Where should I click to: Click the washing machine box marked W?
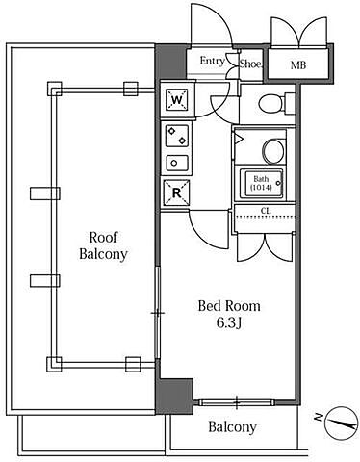[176, 99]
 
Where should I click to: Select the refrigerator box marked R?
[177, 192]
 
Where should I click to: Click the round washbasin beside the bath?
[273, 150]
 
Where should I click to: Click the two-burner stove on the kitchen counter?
[177, 136]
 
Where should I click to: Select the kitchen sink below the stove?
[177, 163]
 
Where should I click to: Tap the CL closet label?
[265, 211]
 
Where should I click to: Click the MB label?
[298, 65]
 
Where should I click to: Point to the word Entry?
[212, 61]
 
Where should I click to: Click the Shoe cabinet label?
[250, 64]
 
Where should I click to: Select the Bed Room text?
[229, 306]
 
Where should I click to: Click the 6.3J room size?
[229, 323]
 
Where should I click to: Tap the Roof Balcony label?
[103, 245]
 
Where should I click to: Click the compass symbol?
[342, 423]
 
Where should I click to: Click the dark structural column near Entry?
[170, 62]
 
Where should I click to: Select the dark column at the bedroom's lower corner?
[174, 396]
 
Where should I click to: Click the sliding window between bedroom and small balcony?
[236, 402]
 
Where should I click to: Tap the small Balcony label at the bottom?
[233, 427]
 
